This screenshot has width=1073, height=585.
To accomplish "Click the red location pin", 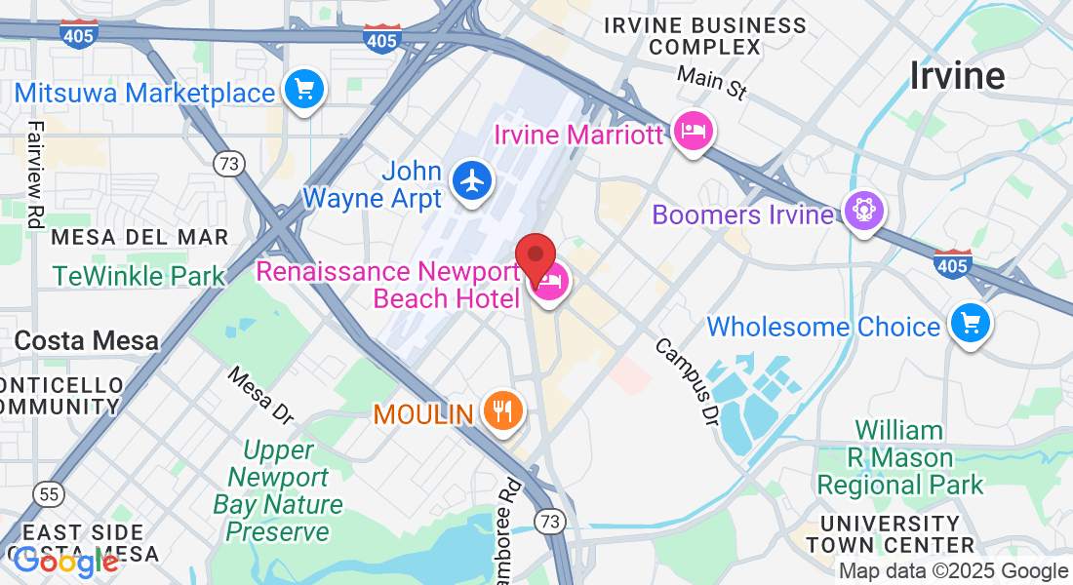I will (535, 258).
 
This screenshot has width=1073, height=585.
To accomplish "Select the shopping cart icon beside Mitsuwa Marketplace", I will (303, 92).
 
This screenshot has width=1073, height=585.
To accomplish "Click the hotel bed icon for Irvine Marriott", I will (693, 132).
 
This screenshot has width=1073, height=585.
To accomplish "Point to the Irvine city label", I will (957, 75).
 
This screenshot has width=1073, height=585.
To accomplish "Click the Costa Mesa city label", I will (86, 340).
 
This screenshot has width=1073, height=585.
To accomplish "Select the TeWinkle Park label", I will (139, 276).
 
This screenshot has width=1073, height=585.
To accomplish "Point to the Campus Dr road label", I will (687, 381).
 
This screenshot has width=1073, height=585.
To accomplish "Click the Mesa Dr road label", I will (259, 395).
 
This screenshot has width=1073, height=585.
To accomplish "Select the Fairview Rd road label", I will (36, 175).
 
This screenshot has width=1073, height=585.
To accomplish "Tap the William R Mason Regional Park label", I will (899, 457).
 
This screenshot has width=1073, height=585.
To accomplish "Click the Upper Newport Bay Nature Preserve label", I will (278, 491).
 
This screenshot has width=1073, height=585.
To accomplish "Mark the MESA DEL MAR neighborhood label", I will (139, 237).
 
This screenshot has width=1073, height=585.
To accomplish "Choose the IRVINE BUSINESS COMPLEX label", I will (705, 36).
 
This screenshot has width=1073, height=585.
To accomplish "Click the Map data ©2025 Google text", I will (953, 571).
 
